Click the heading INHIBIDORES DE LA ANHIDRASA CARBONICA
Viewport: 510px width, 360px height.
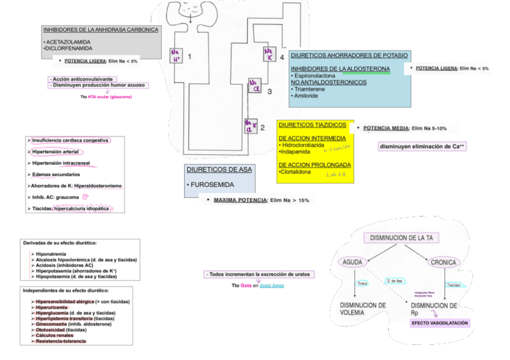pyautogui.click(x=100, y=29)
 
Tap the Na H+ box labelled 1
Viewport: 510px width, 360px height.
pyautogui.click(x=177, y=55)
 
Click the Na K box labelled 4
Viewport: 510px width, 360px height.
pyautogui.click(x=269, y=55)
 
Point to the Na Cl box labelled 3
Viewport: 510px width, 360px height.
pyautogui.click(x=255, y=85)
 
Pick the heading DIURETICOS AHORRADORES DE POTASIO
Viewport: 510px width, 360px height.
pyautogui.click(x=349, y=55)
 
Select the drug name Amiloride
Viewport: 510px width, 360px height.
pyautogui.click(x=306, y=96)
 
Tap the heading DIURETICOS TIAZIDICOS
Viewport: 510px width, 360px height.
pyautogui.click(x=312, y=125)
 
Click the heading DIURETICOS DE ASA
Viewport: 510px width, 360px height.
pyautogui.click(x=219, y=170)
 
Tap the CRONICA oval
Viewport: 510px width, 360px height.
pyautogui.click(x=444, y=262)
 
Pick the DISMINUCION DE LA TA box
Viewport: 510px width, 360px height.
pyautogui.click(x=401, y=238)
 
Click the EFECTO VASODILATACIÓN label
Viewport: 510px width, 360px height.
pyautogui.click(x=440, y=323)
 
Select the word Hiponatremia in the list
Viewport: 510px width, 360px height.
pyautogui.click(x=51, y=254)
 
